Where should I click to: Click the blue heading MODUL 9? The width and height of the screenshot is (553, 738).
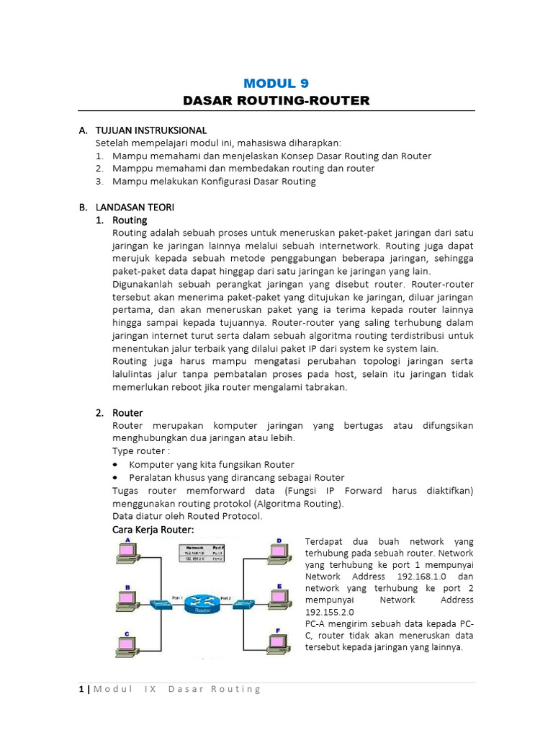pyautogui.click(x=276, y=83)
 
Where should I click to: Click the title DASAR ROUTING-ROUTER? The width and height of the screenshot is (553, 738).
pyautogui.click(x=276, y=100)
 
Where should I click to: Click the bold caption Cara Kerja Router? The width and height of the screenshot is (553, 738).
pyautogui.click(x=153, y=530)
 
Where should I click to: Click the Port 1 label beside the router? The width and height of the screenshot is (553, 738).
pyautogui.click(x=178, y=597)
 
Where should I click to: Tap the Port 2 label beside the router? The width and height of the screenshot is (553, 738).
pyautogui.click(x=225, y=597)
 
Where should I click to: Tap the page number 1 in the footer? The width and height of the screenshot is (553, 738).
pyautogui.click(x=81, y=689)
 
